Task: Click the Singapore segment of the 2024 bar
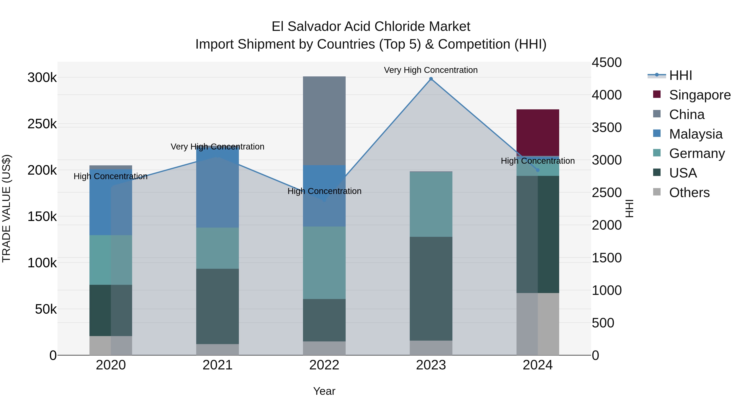[x=538, y=132]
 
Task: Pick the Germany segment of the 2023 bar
[x=431, y=204]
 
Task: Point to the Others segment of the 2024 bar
[x=538, y=324]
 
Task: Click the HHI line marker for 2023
[x=431, y=79]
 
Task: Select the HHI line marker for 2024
[x=538, y=170]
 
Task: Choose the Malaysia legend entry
[x=696, y=134]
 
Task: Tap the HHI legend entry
[x=680, y=75]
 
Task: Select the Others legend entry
[x=689, y=193]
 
